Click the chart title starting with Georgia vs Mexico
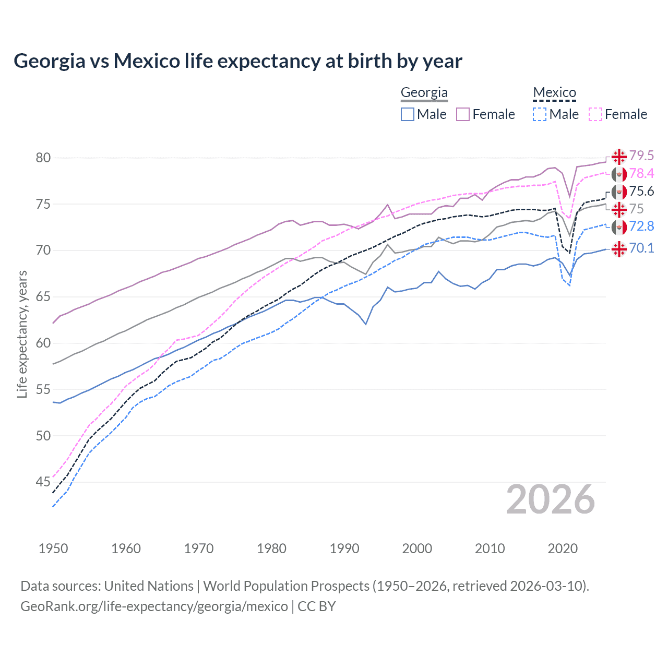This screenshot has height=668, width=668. coord(237,61)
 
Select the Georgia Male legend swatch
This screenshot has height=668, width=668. coord(408,114)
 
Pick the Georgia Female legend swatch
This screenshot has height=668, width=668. coord(463,114)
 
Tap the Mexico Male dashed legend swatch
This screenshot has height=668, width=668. coord(540,114)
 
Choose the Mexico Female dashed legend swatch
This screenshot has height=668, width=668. coord(595,114)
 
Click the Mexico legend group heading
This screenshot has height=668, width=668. coord(554,93)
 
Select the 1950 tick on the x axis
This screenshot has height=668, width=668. coord(53,548)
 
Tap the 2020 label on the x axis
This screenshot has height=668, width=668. coord(563,548)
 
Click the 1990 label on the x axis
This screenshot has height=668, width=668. coord(344,548)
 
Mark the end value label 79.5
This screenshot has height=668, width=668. coord(641,156)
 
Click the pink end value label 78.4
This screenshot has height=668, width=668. coord(641,173)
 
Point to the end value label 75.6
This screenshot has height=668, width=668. coord(641,191)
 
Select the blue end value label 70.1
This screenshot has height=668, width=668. coord(641,248)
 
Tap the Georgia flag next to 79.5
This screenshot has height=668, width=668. coord(619,156)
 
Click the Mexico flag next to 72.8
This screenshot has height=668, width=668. coord(619,227)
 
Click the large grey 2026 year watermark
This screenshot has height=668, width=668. coord(550,499)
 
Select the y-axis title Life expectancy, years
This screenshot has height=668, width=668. coord(22,334)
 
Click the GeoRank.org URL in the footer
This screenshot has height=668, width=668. coord(154,606)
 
